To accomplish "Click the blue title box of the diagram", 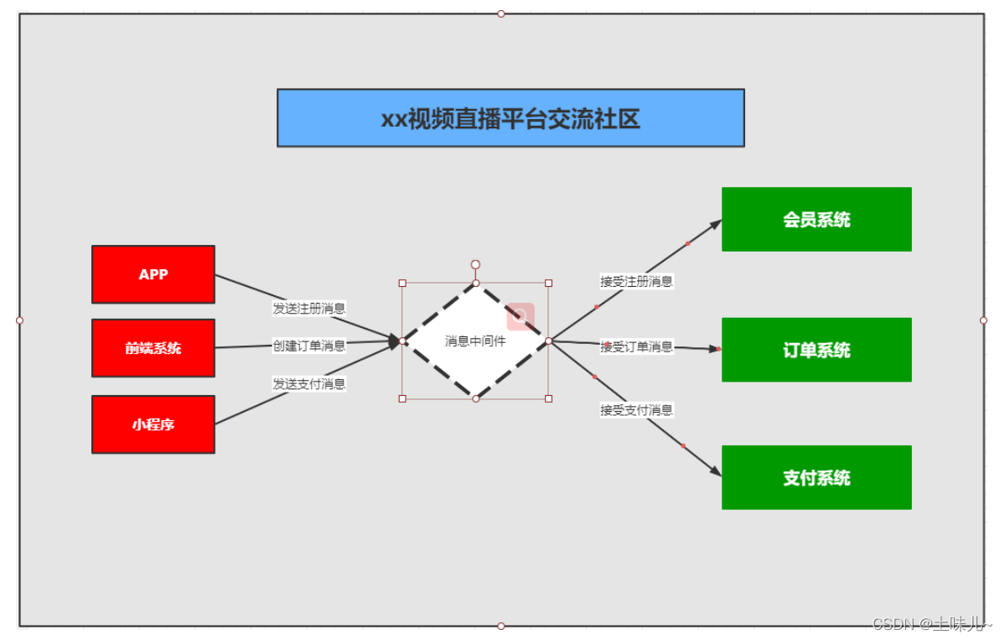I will point(510,118).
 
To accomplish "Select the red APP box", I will point(153,274).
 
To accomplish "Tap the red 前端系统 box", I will point(153,348).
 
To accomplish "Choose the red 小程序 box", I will point(153,424).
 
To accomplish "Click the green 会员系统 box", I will point(816,220).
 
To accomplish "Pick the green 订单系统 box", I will point(816,350).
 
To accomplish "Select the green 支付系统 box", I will point(816,477).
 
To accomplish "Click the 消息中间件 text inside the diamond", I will point(475,341).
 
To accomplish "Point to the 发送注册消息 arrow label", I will point(309,309).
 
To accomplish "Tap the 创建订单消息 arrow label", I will point(309,346).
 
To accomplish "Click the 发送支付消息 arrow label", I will point(309,384).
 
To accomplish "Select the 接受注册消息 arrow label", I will point(636,282).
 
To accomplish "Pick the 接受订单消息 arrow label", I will point(636,347).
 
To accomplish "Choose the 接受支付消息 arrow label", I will point(636,410).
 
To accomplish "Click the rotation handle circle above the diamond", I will point(475,264).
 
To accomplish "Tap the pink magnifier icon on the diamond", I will point(521,316).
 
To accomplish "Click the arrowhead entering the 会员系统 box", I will point(716,224).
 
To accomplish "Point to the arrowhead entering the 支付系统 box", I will point(715,472).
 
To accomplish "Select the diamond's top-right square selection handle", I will point(548,284).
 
